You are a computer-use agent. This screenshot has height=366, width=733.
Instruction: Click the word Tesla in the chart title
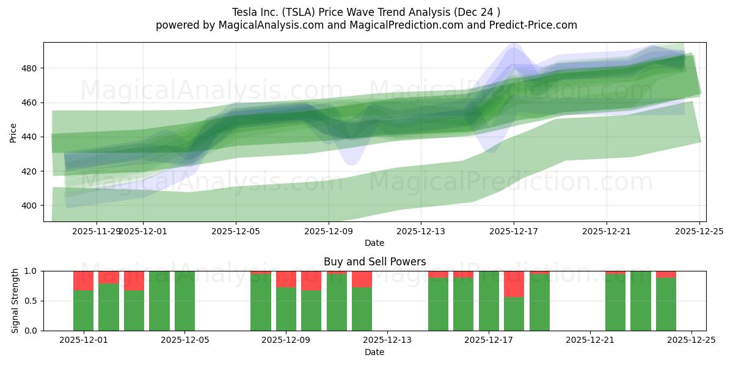tap(244, 12)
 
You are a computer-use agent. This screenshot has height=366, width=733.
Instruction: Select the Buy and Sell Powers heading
tap(374, 262)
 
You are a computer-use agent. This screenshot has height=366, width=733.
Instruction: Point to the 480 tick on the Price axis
tap(29, 68)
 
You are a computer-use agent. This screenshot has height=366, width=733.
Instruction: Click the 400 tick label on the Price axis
tap(29, 206)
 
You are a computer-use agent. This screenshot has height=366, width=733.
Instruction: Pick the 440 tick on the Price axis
tap(29, 137)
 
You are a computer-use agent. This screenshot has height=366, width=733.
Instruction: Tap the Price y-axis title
tap(13, 132)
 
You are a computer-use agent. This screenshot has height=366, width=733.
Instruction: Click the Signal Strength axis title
tap(15, 301)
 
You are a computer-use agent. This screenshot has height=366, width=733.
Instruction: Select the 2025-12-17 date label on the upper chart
tap(514, 231)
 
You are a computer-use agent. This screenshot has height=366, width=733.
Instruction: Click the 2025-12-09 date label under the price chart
tap(329, 231)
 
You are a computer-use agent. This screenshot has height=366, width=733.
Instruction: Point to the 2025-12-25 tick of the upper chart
tap(699, 231)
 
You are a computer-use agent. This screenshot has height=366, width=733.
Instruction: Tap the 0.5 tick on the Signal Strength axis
tap(31, 301)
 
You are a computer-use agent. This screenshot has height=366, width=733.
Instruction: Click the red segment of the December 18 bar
tap(514, 284)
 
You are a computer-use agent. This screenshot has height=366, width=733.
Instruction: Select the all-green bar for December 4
tap(159, 301)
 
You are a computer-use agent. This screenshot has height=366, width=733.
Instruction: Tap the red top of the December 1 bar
tap(83, 280)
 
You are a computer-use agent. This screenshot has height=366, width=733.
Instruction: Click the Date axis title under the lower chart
tap(374, 352)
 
